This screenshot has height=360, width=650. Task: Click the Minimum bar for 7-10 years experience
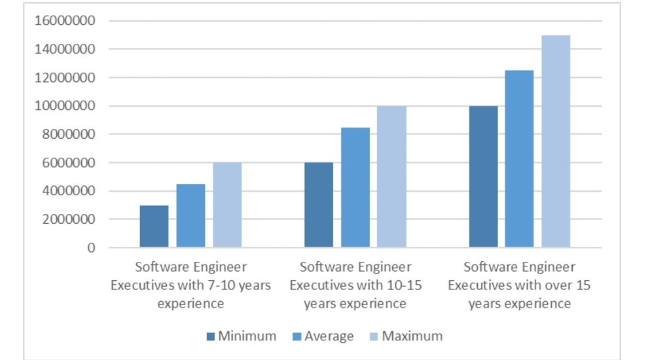[154, 226]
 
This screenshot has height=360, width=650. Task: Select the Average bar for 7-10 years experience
[190, 216]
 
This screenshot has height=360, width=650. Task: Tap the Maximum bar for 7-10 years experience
[227, 205]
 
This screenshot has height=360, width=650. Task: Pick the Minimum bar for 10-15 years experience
[319, 205]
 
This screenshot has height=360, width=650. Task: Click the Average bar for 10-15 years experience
[355, 188]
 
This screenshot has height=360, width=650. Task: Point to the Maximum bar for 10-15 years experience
[391, 177]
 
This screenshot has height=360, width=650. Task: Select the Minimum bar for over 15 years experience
[483, 177]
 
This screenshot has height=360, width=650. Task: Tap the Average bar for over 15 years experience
[520, 159]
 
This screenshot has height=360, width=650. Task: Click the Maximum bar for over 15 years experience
[556, 141]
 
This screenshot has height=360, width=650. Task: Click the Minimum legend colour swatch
[210, 336]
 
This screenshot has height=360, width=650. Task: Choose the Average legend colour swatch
[297, 336]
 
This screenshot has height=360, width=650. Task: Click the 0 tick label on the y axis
[91, 248]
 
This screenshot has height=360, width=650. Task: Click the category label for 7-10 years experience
[190, 285]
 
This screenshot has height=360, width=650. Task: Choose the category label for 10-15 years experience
[355, 285]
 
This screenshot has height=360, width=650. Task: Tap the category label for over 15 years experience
[520, 285]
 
